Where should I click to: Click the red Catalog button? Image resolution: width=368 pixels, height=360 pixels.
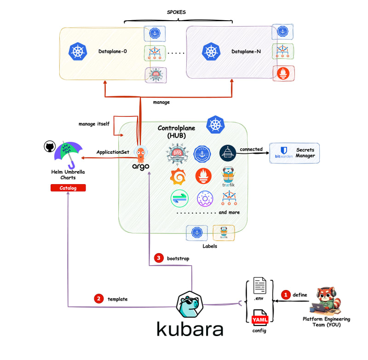68,188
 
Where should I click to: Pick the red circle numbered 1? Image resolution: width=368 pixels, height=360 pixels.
286,294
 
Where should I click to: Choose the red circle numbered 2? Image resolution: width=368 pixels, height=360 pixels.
98,298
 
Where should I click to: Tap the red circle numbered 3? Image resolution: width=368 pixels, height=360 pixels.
159,258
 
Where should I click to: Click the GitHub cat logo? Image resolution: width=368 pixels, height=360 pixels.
49,146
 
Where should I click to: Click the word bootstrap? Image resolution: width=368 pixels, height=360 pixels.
178,259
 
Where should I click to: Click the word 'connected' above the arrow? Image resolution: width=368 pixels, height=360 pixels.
251,149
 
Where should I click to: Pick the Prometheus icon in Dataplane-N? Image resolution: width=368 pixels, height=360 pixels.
283,72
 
